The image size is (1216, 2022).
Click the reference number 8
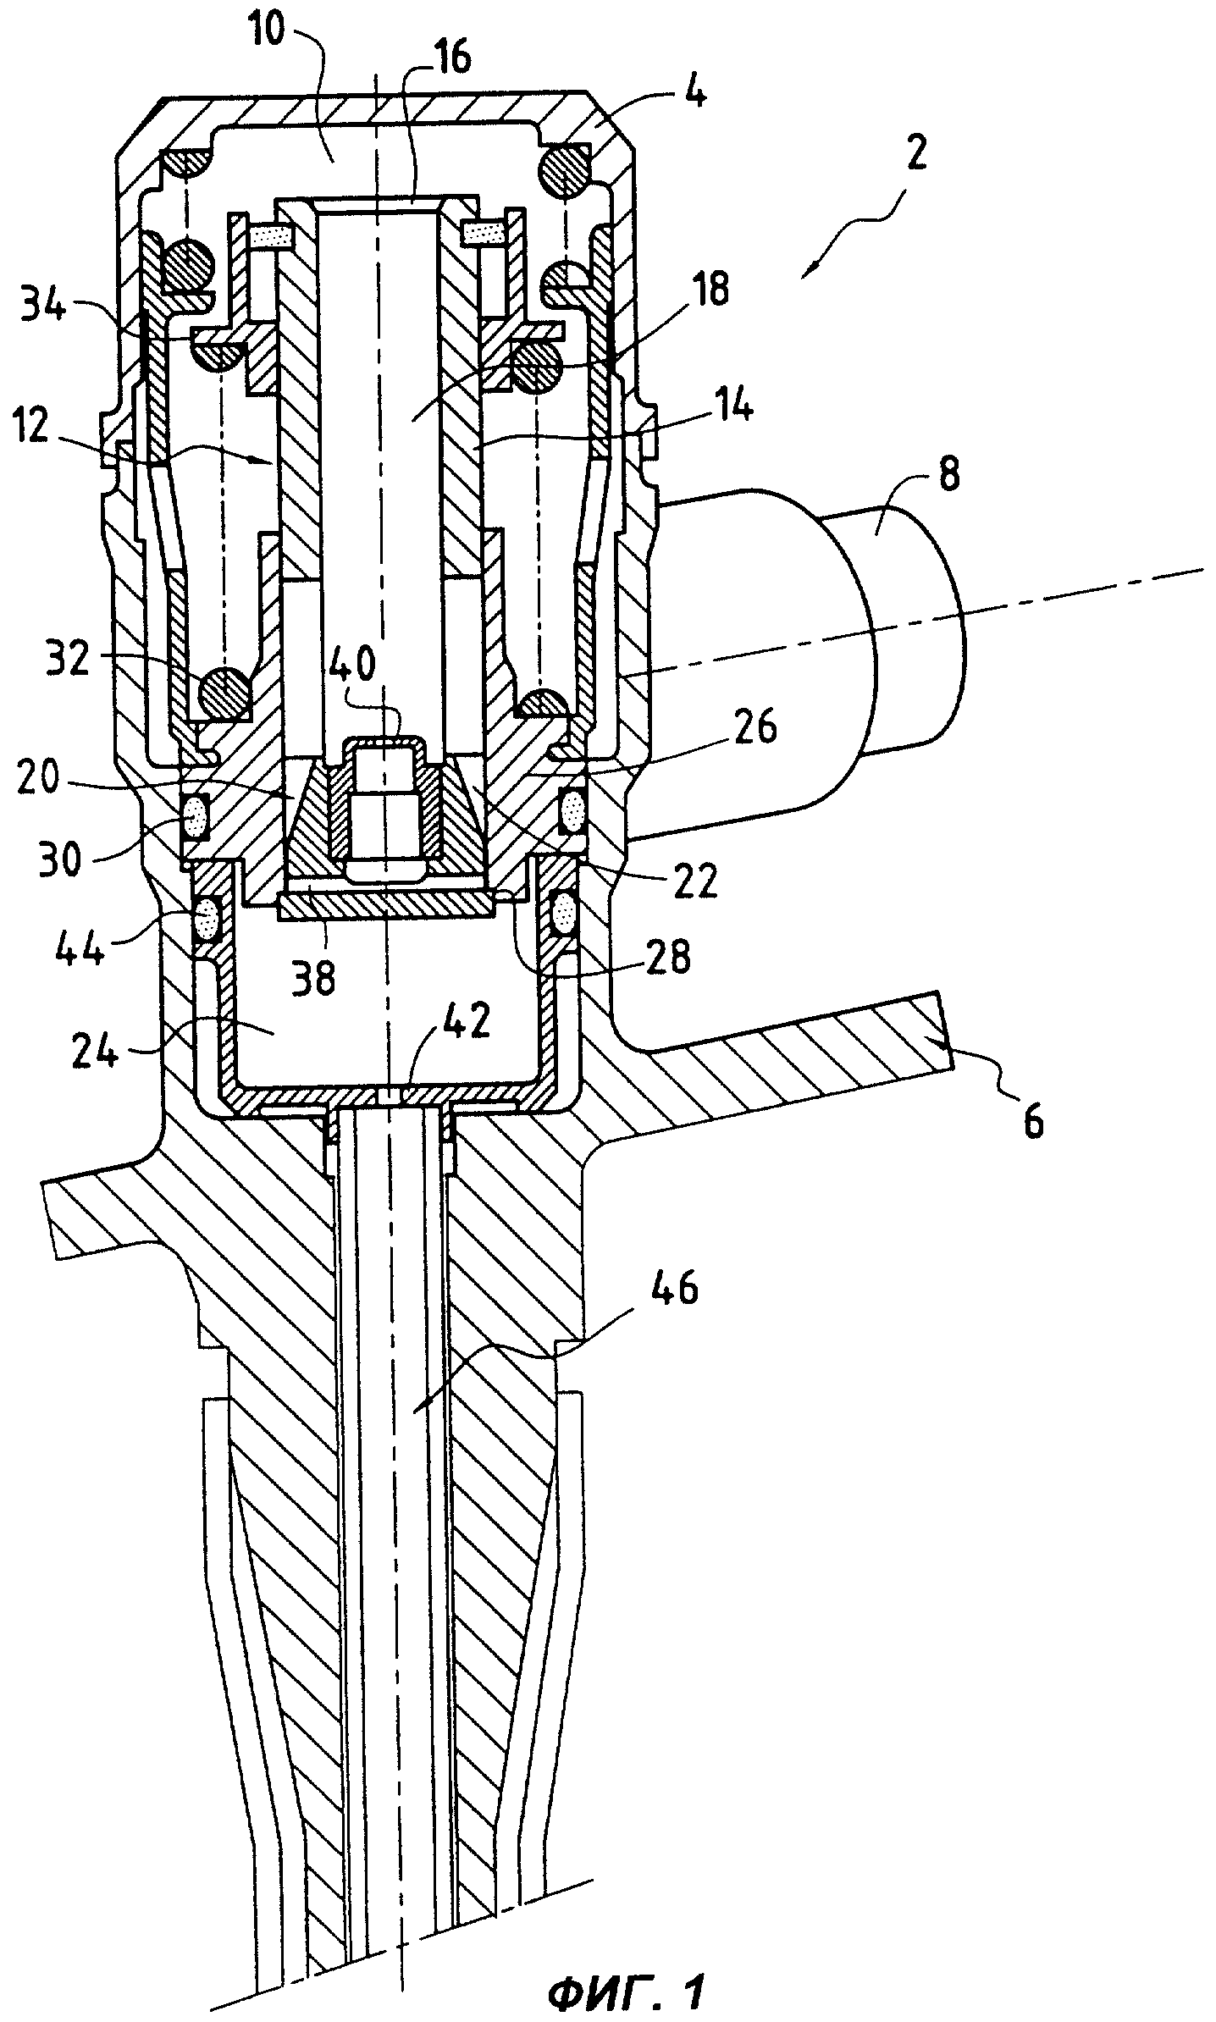click(x=948, y=475)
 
